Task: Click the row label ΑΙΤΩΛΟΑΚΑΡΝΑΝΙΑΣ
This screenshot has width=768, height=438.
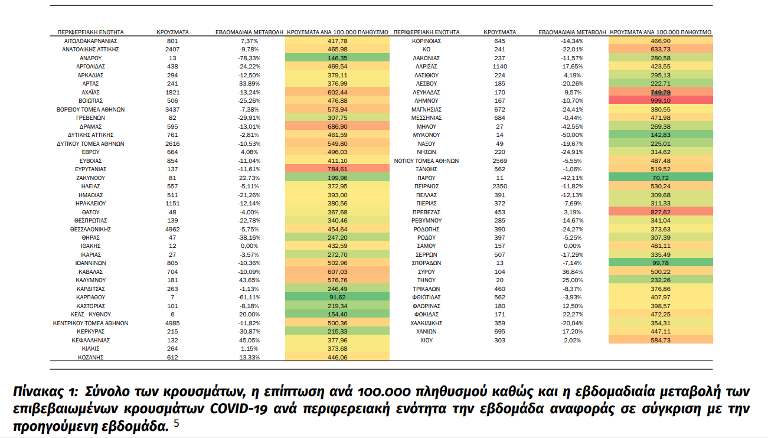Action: point(90,41)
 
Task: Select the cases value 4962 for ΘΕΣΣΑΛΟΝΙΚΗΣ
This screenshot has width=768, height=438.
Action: point(172,229)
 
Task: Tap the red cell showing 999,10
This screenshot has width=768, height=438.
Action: point(660,101)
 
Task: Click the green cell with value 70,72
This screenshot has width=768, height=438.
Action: point(660,178)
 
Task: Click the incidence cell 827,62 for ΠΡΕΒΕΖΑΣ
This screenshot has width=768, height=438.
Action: point(660,212)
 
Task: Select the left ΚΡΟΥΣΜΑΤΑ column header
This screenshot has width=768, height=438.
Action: point(172,32)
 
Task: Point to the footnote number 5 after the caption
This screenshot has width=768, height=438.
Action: point(176,424)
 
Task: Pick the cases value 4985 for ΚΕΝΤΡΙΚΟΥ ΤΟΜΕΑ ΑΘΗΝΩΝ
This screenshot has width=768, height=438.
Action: point(172,323)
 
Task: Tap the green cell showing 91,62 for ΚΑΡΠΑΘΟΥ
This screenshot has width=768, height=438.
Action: point(337,298)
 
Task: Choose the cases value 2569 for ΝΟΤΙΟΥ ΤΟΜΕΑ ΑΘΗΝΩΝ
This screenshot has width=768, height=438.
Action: point(499,161)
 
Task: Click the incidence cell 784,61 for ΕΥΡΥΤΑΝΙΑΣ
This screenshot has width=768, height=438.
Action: point(337,169)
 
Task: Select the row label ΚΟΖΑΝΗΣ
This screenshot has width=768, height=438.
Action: point(90,358)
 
